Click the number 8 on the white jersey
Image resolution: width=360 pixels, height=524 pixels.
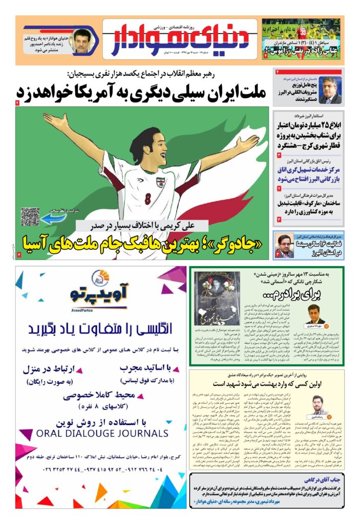point(147,198)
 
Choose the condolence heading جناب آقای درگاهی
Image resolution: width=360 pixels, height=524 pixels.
point(314,481)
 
